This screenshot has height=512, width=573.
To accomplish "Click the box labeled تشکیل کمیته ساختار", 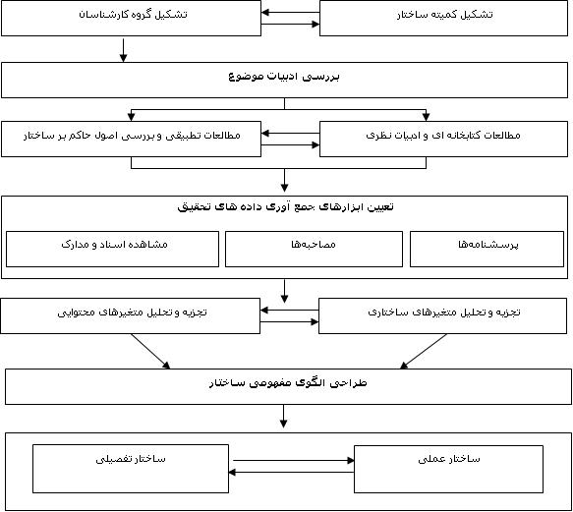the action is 443,18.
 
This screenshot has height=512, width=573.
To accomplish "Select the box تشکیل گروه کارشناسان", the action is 131,18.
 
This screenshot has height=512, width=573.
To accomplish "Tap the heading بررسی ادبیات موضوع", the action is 284,76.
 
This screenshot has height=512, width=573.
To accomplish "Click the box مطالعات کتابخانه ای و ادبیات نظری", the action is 443,139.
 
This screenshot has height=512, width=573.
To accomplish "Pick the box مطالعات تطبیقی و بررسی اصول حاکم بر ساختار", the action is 131,139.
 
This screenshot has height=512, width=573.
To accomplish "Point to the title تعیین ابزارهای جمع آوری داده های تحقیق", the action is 285,206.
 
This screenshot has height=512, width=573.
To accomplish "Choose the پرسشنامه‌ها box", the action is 487,249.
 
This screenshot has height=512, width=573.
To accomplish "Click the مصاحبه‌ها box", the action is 314,249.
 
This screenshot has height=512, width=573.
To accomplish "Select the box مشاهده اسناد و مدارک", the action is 113,249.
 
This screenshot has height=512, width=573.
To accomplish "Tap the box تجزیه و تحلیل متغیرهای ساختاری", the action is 442,315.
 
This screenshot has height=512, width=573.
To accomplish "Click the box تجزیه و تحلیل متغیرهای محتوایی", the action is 130,315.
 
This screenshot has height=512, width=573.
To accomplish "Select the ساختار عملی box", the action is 448,469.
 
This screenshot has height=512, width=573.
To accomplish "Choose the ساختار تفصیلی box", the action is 131,469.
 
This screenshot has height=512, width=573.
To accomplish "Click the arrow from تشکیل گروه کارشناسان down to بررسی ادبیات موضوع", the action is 123,50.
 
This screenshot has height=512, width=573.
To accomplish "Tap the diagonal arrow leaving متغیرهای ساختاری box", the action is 424,351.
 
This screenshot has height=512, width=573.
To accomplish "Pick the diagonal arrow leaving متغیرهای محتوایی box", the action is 150,351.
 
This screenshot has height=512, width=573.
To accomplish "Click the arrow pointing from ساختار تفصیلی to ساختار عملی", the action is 294,461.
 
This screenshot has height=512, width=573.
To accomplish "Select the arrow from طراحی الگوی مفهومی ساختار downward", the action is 284,417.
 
